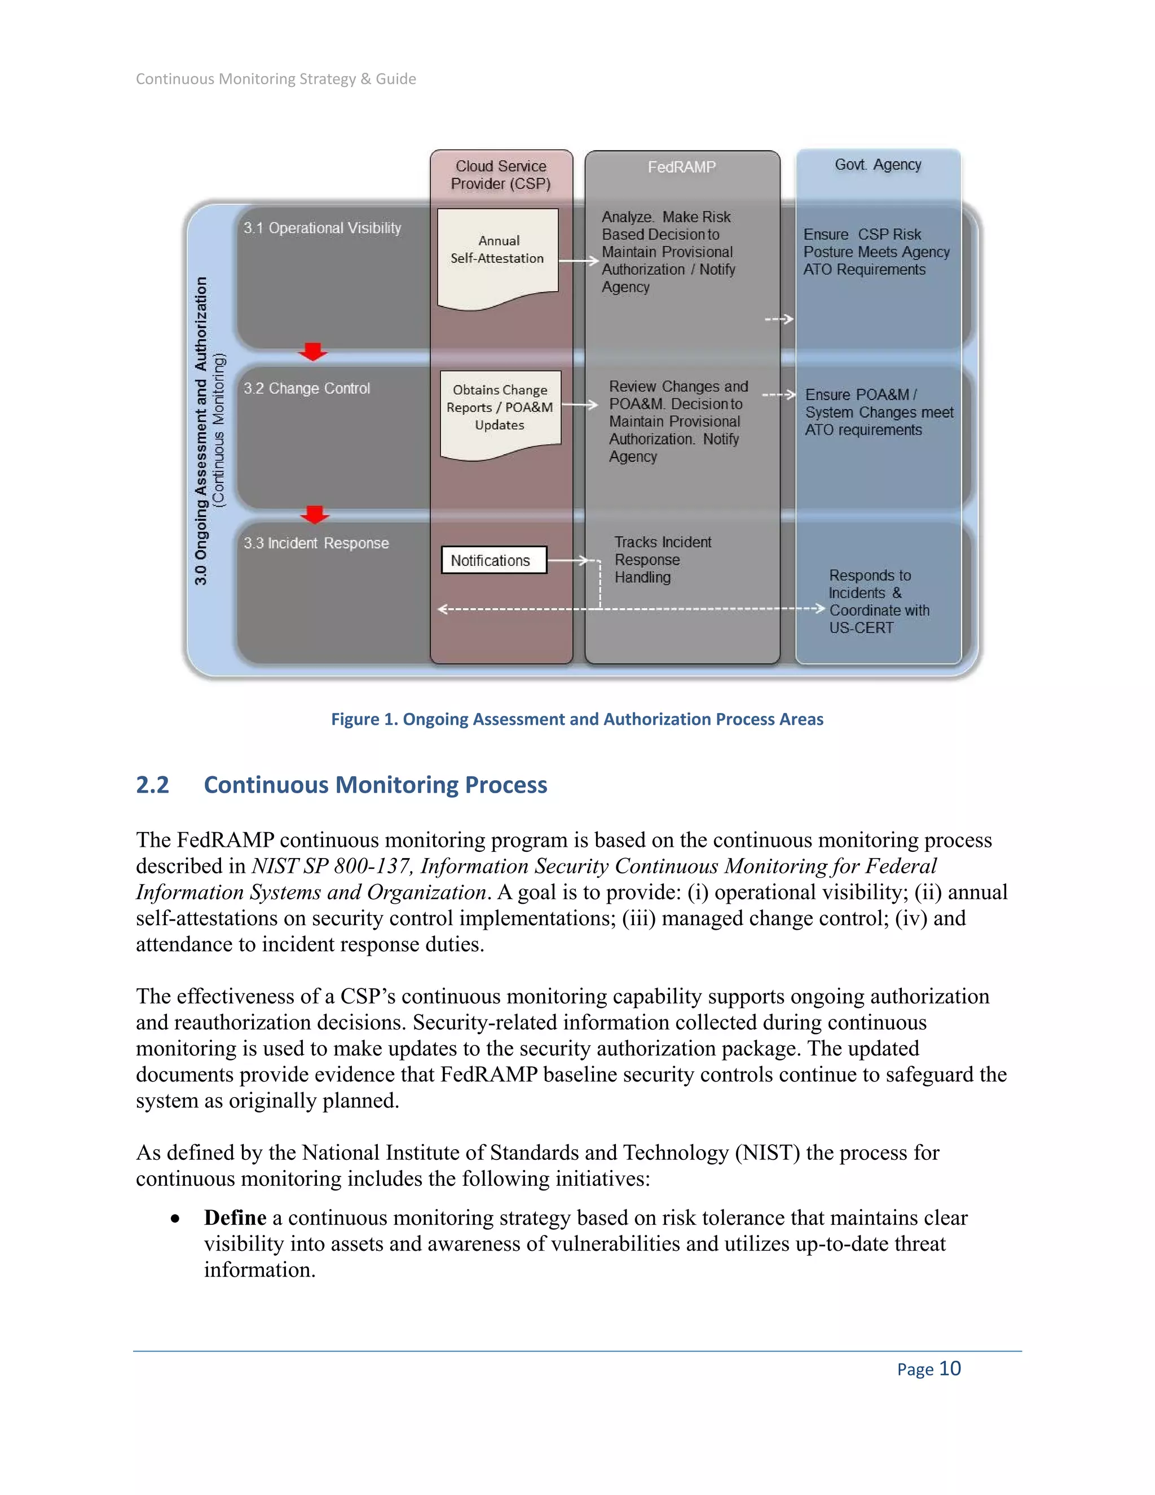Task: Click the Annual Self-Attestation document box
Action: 497,253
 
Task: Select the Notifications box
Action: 493,560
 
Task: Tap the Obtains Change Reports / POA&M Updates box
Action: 500,408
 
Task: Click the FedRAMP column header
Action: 681,167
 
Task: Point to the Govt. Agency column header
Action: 878,165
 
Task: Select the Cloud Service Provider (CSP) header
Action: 501,175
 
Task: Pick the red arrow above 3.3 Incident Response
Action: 314,514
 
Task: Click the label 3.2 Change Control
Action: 307,389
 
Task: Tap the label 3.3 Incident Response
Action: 316,543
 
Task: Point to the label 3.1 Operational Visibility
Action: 322,228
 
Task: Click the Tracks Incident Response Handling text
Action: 662,560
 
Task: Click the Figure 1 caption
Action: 577,719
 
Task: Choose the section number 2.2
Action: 152,785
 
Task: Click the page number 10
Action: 950,1369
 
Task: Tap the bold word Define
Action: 235,1218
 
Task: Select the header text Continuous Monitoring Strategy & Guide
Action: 276,80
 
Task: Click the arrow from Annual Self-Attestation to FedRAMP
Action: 579,261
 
